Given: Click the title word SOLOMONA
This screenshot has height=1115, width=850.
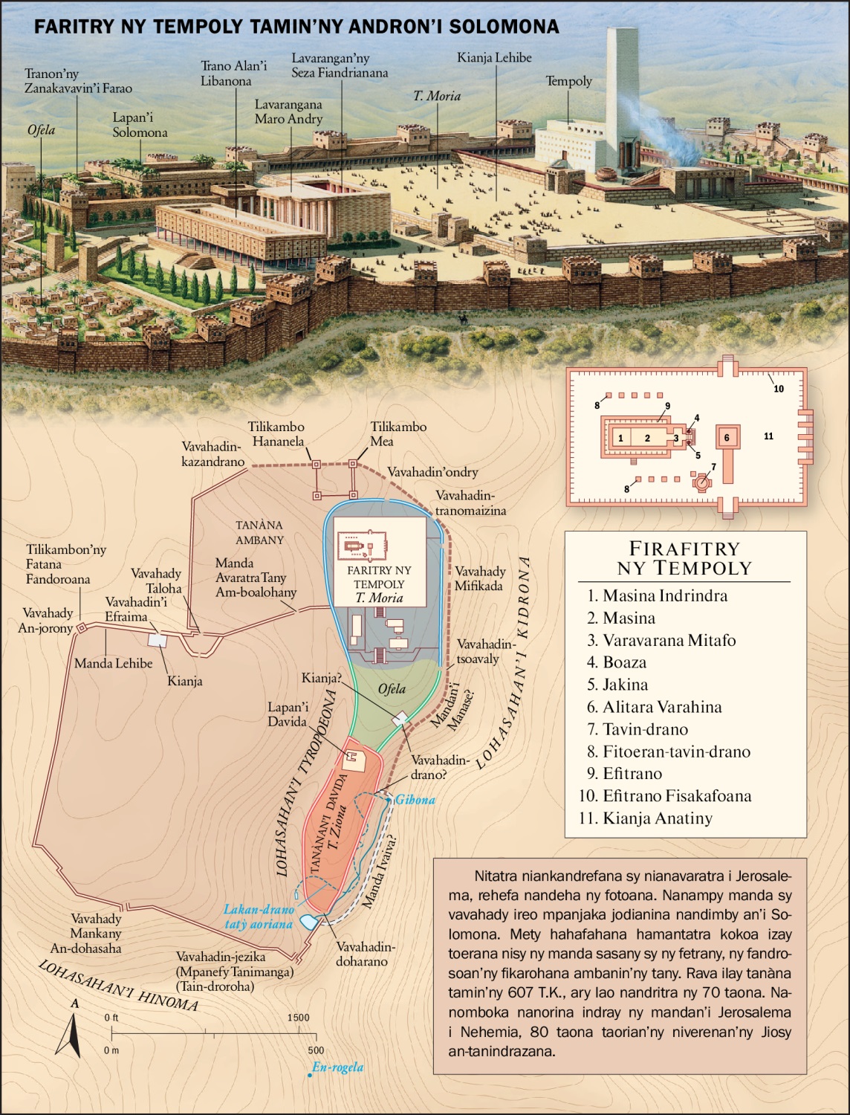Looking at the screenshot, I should tap(510, 28).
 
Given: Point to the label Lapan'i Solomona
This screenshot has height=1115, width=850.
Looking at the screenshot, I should tap(140, 125).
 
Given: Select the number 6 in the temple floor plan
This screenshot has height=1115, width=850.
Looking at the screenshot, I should tap(727, 438).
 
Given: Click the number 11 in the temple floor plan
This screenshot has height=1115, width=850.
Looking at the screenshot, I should tap(768, 436).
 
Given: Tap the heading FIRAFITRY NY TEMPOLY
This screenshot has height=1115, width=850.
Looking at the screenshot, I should tap(684, 558).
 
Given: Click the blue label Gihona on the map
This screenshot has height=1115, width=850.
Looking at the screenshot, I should tap(415, 800).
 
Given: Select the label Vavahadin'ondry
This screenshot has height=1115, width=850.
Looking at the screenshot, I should tap(432, 472).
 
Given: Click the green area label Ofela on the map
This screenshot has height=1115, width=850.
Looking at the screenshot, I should tap(392, 689).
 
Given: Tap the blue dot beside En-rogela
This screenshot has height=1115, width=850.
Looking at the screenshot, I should tap(309, 1074).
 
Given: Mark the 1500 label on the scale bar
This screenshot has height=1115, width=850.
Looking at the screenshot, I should tap(298, 1018).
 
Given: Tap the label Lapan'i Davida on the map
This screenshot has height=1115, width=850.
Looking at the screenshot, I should tap(288, 714).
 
